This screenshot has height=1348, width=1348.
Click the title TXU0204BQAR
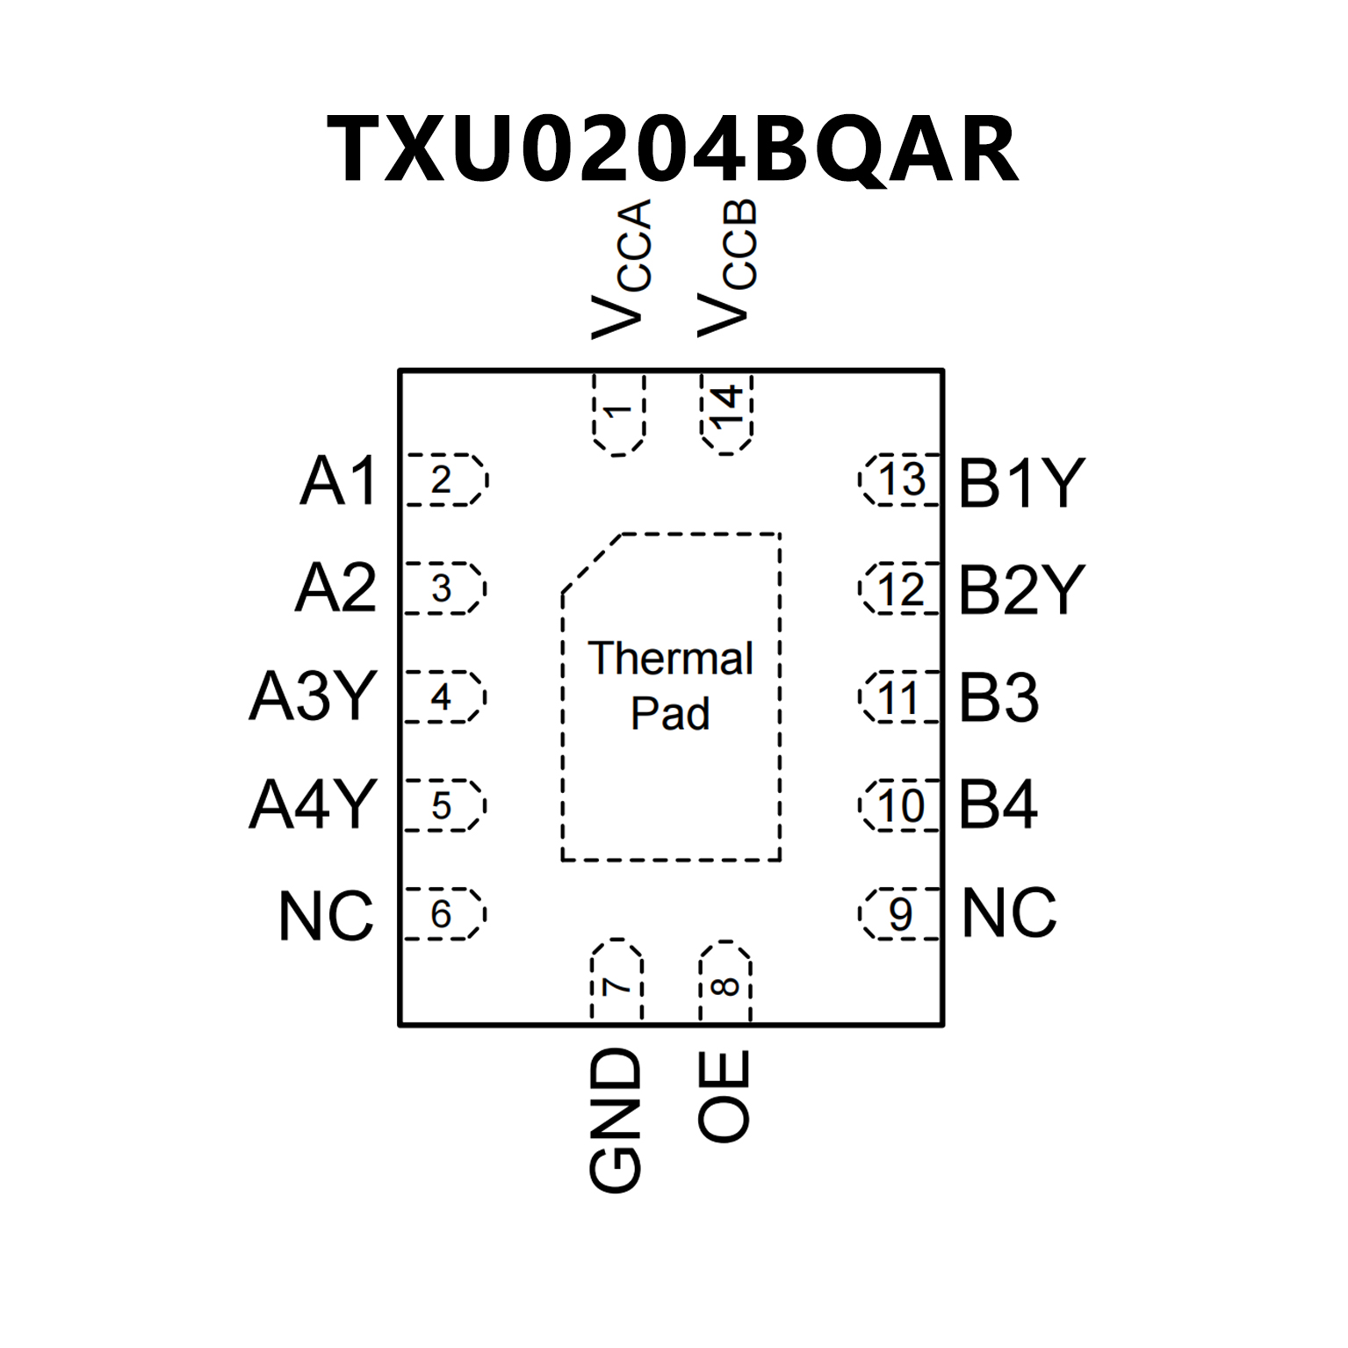tap(673, 149)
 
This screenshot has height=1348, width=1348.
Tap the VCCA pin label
tap(622, 269)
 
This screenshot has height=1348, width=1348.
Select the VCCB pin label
tap(727, 269)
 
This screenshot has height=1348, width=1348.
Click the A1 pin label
tap(339, 481)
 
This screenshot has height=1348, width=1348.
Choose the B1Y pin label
tap(1021, 483)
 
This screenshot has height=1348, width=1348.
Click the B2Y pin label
tap(1021, 590)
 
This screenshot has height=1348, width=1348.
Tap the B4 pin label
tap(998, 804)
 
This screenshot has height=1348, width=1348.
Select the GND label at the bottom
tap(616, 1121)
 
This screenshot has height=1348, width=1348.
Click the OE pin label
tap(725, 1096)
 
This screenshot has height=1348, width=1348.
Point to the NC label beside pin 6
tap(326, 916)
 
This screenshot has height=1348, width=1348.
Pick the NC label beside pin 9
tap(1009, 913)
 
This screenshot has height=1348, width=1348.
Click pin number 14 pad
tap(727, 411)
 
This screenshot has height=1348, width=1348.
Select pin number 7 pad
tap(617, 982)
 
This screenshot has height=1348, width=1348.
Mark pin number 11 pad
tap(900, 698)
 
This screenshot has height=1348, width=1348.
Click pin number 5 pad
tap(443, 805)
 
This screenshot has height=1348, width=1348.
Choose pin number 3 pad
tap(443, 588)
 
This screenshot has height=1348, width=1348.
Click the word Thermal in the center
tap(670, 659)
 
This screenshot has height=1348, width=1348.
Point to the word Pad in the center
tap(670, 713)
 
